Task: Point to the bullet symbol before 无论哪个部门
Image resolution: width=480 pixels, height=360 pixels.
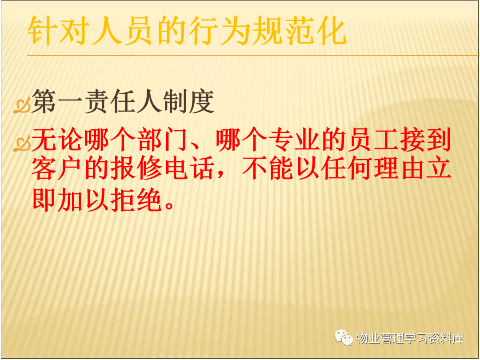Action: [x=22, y=144]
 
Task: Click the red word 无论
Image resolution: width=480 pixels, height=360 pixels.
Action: [x=56, y=140]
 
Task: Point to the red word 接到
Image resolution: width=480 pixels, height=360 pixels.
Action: [x=426, y=140]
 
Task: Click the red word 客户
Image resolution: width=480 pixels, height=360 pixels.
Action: [x=56, y=168]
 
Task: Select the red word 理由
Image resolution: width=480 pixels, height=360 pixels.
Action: [x=400, y=168]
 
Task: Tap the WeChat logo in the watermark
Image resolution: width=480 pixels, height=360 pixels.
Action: [x=344, y=337]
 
